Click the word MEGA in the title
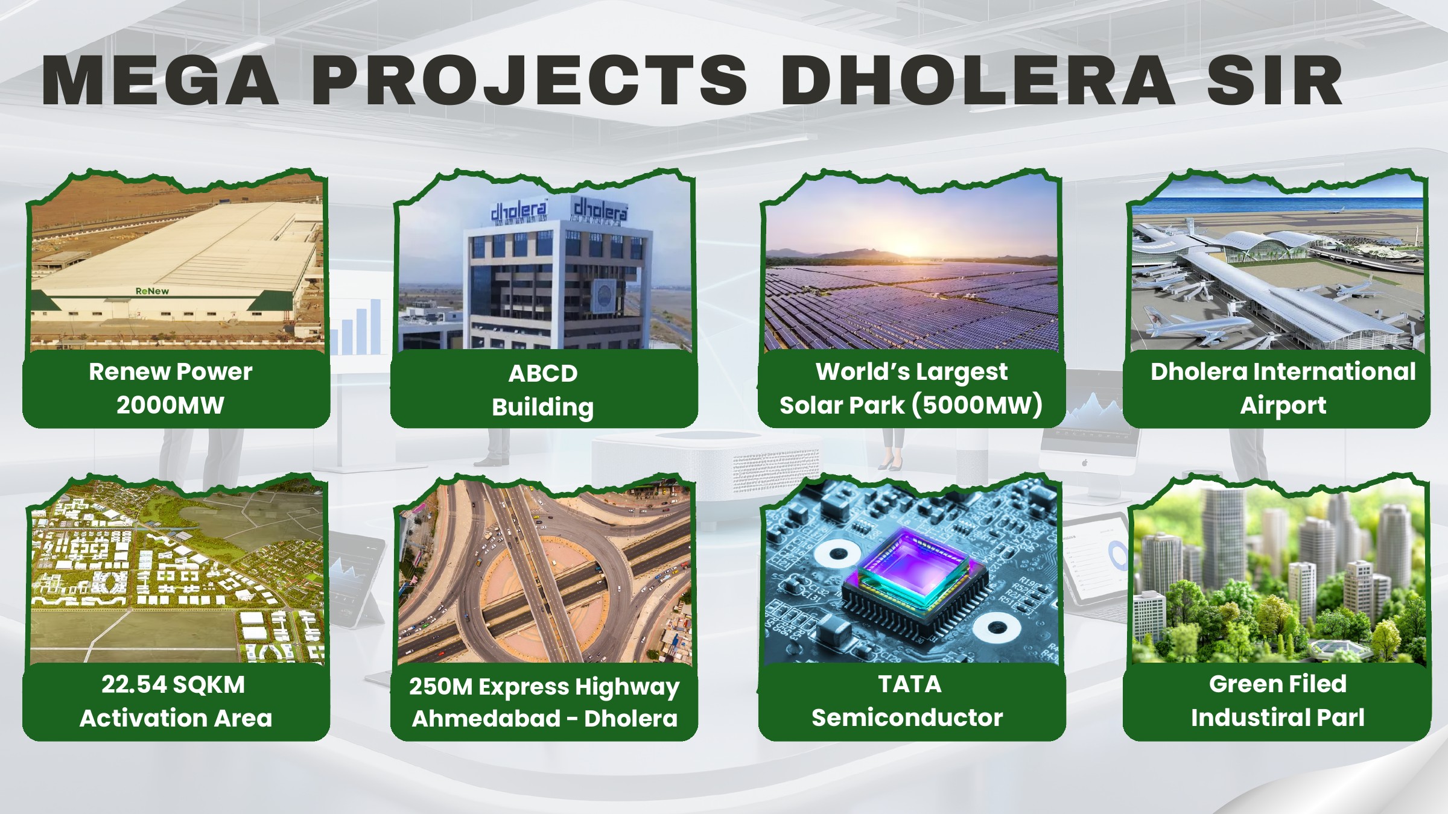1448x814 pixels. pyautogui.click(x=160, y=80)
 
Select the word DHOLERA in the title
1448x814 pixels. pyautogui.click(x=978, y=80)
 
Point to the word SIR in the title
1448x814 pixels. pyautogui.click(x=1274, y=80)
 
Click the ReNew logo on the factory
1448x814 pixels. pyautogui.click(x=152, y=291)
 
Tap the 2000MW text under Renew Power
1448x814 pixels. pyautogui.click(x=170, y=405)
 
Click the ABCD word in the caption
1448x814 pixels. pyautogui.click(x=543, y=374)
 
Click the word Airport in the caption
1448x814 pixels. pyautogui.click(x=1283, y=406)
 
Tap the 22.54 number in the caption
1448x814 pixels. pyautogui.click(x=134, y=684)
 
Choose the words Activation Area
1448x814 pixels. pyautogui.click(x=176, y=718)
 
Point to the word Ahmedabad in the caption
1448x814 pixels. pyautogui.click(x=486, y=719)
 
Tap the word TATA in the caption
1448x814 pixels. pyautogui.click(x=909, y=684)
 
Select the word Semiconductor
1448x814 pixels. pyautogui.click(x=907, y=718)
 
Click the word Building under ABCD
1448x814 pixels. pyautogui.click(x=543, y=408)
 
